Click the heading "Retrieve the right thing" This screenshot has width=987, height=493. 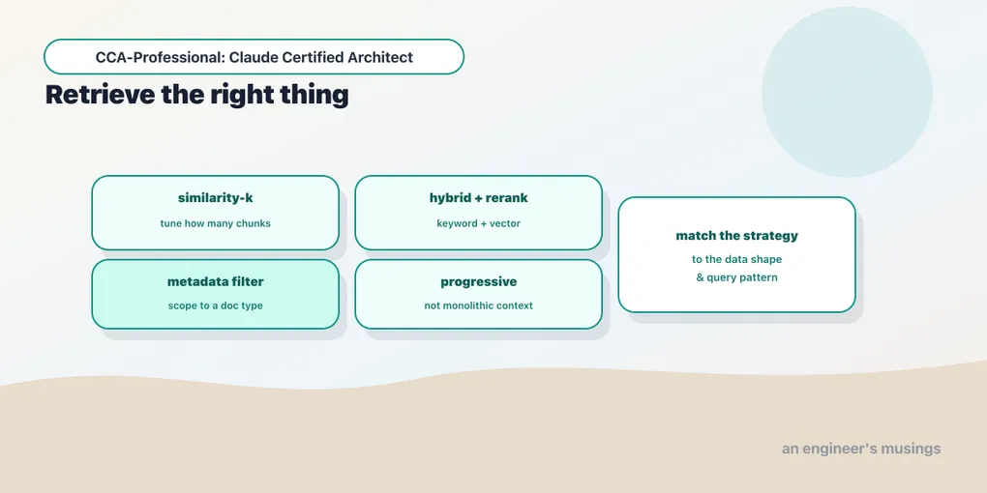coord(197,95)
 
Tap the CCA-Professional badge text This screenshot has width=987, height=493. coord(254,57)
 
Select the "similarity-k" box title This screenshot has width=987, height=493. coord(215,198)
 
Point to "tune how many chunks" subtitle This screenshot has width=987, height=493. coord(215,223)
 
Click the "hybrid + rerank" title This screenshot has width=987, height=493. coord(478,198)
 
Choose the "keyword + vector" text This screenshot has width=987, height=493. coord(478,223)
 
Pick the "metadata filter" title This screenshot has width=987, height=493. coord(215,281)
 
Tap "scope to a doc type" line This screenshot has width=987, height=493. coord(215,306)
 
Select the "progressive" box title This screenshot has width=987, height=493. coord(478,281)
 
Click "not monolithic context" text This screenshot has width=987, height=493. coord(478,306)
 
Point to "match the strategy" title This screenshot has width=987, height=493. coord(736,236)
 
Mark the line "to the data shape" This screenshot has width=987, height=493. coord(736,259)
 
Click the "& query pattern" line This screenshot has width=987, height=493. coord(736,277)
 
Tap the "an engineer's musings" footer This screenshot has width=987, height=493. coord(861,449)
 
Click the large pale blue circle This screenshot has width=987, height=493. coord(847,92)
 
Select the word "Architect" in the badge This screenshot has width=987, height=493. coord(380,57)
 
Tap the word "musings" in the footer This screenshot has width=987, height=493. coord(911,449)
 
